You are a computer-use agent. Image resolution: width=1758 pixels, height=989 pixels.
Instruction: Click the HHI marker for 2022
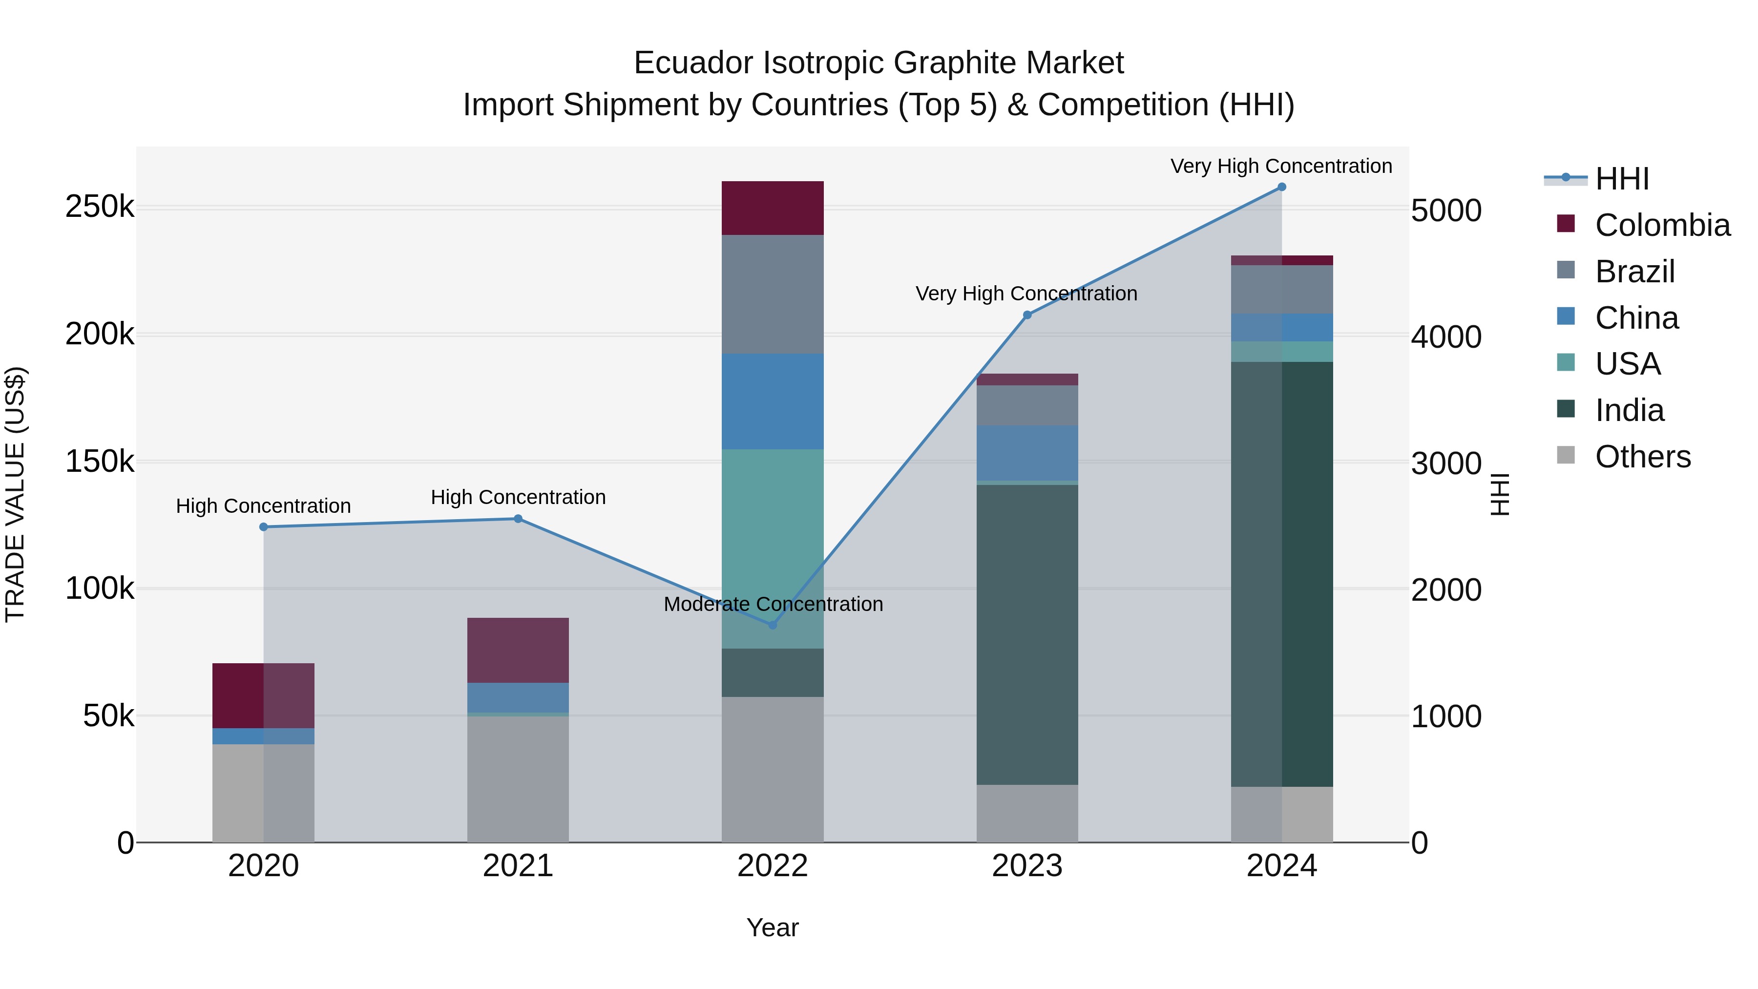(773, 625)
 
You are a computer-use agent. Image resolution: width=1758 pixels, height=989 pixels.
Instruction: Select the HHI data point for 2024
(1282, 187)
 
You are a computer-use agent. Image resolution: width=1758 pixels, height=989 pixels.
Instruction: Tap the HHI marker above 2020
(263, 527)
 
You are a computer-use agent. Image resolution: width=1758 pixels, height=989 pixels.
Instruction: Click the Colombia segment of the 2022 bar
(773, 208)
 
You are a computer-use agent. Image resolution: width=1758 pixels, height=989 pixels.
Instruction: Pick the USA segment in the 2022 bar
(773, 549)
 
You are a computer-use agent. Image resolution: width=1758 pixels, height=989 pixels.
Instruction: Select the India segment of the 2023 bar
(1027, 635)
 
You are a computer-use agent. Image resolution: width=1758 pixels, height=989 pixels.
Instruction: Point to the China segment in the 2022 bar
(773, 401)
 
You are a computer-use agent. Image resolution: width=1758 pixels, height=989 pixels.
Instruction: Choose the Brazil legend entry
(1634, 272)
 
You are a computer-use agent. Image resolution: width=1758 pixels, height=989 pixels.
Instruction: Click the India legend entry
(1629, 410)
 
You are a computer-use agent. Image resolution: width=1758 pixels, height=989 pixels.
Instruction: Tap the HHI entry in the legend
(1621, 179)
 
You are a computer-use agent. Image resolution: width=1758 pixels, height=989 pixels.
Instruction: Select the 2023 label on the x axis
(1027, 866)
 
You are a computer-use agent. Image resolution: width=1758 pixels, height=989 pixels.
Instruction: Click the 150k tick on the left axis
(100, 462)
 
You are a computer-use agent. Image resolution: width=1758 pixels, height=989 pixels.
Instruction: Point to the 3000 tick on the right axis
(1446, 463)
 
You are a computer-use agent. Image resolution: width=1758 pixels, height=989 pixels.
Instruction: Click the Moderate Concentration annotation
(773, 604)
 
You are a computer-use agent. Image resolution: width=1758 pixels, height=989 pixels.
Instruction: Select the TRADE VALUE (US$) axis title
(15, 494)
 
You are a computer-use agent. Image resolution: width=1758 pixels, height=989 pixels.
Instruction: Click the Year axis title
(773, 927)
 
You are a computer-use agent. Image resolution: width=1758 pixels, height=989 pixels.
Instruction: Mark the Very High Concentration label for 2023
(1026, 294)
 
